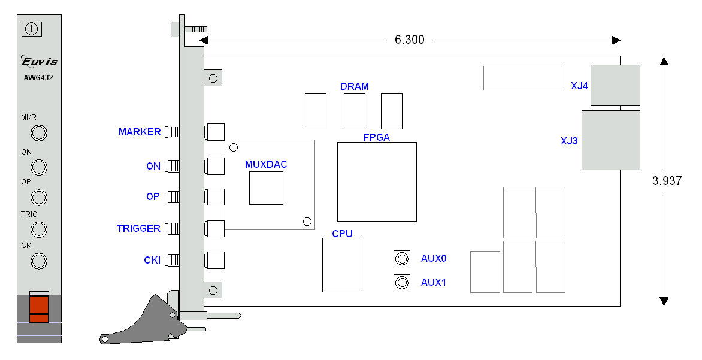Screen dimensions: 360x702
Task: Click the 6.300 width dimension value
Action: (409, 40)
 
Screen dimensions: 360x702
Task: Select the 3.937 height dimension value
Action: (667, 181)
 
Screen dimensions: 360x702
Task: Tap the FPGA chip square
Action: (377, 181)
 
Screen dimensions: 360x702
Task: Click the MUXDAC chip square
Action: (266, 187)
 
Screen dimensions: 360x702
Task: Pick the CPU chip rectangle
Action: (342, 265)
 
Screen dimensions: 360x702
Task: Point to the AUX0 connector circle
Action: (401, 259)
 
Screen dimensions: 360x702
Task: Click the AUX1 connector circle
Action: (401, 282)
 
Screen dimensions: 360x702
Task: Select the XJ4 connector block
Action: (615, 85)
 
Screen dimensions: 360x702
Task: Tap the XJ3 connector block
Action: (610, 140)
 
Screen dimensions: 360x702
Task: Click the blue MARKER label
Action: (140, 132)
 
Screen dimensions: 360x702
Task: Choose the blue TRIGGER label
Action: (138, 228)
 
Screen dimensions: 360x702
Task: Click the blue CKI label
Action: (152, 260)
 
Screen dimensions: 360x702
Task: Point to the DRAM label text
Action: (355, 86)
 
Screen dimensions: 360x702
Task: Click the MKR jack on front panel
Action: (39, 132)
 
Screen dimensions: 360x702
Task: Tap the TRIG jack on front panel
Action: (39, 229)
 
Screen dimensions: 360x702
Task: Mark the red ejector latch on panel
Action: (39, 308)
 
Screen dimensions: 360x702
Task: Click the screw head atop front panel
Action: (32, 29)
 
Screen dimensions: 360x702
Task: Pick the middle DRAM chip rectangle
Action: (355, 111)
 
